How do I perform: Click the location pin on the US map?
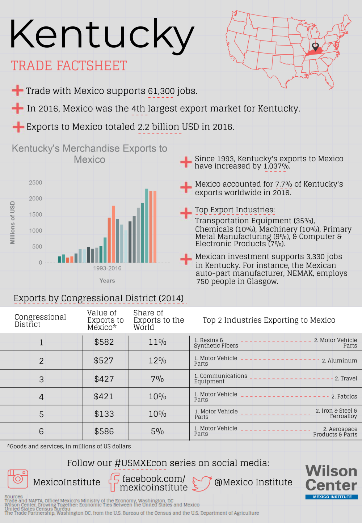pyautogui.click(x=315, y=46)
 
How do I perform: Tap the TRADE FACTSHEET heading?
pyautogui.click(x=69, y=66)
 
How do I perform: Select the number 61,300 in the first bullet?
pyautogui.click(x=161, y=91)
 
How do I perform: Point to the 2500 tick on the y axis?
pyautogui.click(x=35, y=183)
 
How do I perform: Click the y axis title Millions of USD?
pyautogui.click(x=12, y=222)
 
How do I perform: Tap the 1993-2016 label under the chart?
pyautogui.click(x=107, y=268)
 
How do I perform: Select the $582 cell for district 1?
pyautogui.click(x=104, y=342)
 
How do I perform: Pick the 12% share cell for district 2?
pyautogui.click(x=157, y=361)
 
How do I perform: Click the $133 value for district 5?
pyautogui.click(x=104, y=414)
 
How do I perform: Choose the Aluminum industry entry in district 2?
pyautogui.click(x=339, y=361)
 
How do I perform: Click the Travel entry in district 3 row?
pyautogui.click(x=346, y=378)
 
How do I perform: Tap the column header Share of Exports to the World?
pyautogui.click(x=159, y=320)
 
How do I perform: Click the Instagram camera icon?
pyautogui.click(x=18, y=479)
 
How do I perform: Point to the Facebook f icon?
pyautogui.click(x=114, y=482)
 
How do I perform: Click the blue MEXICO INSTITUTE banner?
pyautogui.click(x=332, y=497)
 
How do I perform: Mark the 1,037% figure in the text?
pyautogui.click(x=277, y=166)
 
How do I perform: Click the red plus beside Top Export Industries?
pyautogui.click(x=186, y=213)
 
